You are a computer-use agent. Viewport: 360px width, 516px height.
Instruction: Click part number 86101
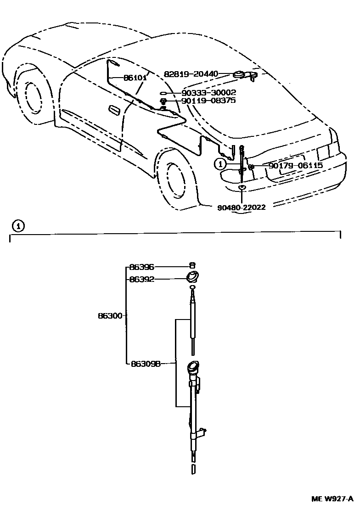[x=135, y=78]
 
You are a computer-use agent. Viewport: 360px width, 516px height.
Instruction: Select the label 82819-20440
[x=191, y=73]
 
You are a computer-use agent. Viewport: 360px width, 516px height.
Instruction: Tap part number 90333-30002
[x=209, y=92]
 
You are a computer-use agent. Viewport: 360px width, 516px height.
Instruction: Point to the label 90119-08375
[x=209, y=100]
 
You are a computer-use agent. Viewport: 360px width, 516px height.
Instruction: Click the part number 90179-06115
[x=296, y=165]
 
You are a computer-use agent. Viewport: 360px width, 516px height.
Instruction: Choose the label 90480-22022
[x=242, y=207]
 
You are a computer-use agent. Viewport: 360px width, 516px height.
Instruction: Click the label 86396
[x=141, y=266]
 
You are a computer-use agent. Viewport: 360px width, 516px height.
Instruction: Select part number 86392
[x=141, y=279]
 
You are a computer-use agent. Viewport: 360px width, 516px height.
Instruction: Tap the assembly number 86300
[x=110, y=316]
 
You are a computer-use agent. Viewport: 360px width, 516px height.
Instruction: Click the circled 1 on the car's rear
[x=221, y=163]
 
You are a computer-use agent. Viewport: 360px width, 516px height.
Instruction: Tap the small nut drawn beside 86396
[x=193, y=265]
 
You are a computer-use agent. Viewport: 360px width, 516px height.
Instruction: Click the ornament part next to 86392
[x=193, y=277]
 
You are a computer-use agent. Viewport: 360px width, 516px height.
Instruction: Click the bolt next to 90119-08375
[x=163, y=101]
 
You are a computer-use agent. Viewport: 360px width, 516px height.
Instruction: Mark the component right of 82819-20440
[x=244, y=74]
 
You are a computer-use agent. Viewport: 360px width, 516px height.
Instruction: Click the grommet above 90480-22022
[x=242, y=188]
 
